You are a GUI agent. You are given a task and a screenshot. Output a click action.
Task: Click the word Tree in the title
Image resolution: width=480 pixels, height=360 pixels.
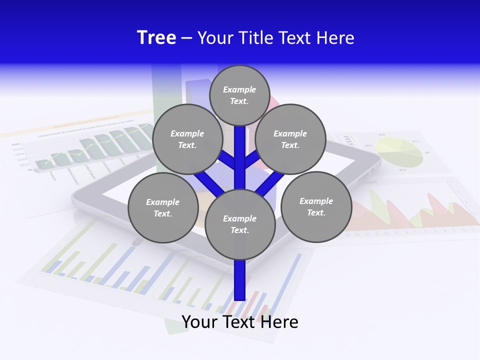[x=156, y=38]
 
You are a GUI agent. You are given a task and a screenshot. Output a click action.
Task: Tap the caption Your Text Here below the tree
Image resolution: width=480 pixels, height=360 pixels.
[x=240, y=322]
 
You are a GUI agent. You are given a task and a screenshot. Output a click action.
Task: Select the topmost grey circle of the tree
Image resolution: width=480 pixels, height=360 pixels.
[x=239, y=95]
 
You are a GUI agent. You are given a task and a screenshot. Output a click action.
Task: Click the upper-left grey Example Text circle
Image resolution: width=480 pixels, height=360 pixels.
[x=187, y=139]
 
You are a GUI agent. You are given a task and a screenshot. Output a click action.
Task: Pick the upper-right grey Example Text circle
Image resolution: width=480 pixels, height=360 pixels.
[x=290, y=139]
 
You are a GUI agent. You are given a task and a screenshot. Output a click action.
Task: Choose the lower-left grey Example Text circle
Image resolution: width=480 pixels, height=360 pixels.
[x=163, y=207]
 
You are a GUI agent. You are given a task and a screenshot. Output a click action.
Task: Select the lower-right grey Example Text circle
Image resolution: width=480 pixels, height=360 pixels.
[x=316, y=206]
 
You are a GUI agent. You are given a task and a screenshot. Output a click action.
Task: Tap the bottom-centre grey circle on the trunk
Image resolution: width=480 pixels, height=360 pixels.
[x=240, y=224]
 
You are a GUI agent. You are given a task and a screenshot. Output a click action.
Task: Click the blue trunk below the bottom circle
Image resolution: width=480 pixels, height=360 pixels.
[x=240, y=280]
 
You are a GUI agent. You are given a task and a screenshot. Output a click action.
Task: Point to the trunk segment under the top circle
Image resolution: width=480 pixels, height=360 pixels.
[x=240, y=150]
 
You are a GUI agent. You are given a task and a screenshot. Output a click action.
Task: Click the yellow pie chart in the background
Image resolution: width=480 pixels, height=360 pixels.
[x=399, y=151]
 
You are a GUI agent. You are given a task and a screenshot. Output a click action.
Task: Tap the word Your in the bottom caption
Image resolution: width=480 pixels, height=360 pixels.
[x=199, y=322]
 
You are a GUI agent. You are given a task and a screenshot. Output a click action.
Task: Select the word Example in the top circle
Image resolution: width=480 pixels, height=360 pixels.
[x=239, y=89]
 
